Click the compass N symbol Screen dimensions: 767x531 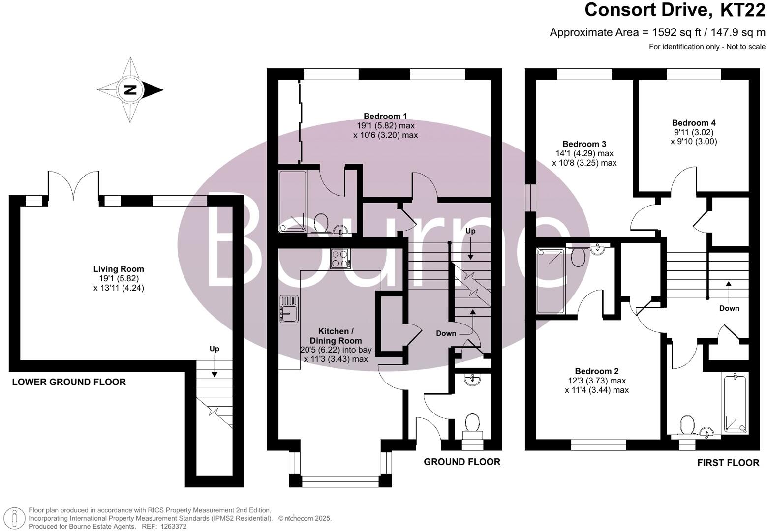[x=130, y=90]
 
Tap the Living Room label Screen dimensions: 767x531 [x=119, y=269]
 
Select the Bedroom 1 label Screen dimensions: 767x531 [x=386, y=117]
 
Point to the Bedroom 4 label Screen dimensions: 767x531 [x=694, y=123]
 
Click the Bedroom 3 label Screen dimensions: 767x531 [x=584, y=144]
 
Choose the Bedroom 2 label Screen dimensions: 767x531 [x=597, y=371]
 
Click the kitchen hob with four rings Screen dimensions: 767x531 [x=340, y=258]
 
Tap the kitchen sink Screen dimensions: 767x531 [x=289, y=309]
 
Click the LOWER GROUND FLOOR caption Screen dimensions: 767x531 [x=69, y=382]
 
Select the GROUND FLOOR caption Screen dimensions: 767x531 [x=462, y=462]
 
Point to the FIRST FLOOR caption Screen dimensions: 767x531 [x=728, y=463]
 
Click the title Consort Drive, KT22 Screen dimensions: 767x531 [x=675, y=10]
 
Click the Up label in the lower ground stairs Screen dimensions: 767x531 [x=215, y=349]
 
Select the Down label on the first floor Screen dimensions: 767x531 [x=729, y=308]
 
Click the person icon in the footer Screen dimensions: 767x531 [x=14, y=518]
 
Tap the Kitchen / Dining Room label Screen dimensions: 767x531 [x=336, y=336]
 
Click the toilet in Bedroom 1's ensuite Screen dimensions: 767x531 [x=321, y=223]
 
